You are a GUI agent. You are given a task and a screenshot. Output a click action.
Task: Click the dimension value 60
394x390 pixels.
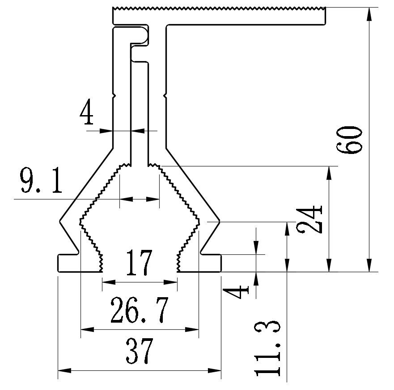(350, 140)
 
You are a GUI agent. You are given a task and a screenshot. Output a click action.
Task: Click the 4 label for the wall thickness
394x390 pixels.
(87, 113)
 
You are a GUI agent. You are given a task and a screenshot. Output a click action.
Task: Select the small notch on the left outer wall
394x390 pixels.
(114, 95)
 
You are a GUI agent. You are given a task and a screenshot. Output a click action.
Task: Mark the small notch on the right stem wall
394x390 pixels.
(165, 95)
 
